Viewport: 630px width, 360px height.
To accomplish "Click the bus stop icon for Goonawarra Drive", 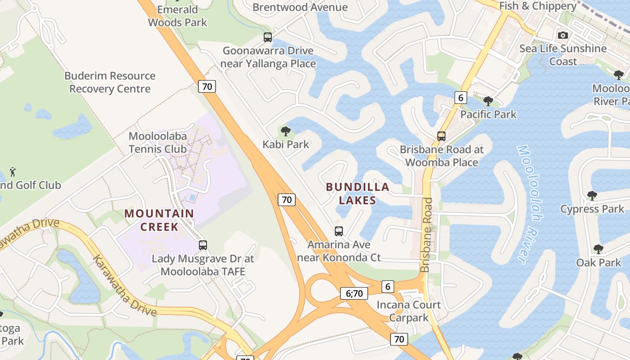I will pos(268,37).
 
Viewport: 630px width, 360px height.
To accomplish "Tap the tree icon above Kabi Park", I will pos(285,131).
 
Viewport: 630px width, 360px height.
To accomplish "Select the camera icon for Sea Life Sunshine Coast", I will pos(562,35).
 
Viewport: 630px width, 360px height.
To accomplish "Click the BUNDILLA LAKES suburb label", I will pos(357,193).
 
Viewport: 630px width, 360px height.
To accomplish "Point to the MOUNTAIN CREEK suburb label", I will pos(159,220).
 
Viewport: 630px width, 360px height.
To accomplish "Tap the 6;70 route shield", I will pos(354,293).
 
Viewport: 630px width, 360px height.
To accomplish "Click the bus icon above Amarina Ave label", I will pos(339,231).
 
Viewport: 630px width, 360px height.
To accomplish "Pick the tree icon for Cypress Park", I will pos(592,195).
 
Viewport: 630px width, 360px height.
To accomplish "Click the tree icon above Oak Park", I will pos(598,249).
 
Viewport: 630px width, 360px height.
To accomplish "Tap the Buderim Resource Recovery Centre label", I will pos(110,82).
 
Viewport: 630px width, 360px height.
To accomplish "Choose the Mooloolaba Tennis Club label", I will pos(157,142).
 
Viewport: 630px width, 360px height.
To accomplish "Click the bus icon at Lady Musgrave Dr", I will pos(203,245).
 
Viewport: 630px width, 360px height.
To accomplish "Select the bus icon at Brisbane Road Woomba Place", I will pos(441,136).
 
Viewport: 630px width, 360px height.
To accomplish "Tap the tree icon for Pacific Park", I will pos(488,101).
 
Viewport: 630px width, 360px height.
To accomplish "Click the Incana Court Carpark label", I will pos(409,311).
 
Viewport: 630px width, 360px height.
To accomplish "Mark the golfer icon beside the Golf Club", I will pos(13,171).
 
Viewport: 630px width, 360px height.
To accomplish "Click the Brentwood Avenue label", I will pos(300,7).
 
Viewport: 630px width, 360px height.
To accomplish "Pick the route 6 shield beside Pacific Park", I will pos(460,97).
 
